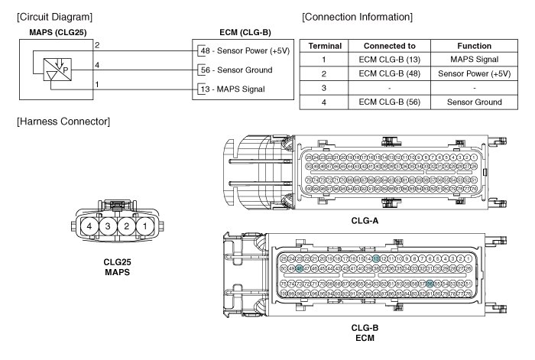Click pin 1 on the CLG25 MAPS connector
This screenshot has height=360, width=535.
click(x=144, y=227)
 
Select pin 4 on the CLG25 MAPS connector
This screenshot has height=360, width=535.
click(x=91, y=227)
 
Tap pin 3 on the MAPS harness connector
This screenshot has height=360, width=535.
click(x=109, y=227)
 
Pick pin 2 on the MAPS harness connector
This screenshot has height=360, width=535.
click(x=126, y=227)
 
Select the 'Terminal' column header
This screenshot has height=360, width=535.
click(x=324, y=46)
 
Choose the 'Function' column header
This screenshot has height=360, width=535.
click(x=473, y=46)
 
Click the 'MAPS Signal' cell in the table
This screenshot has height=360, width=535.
click(x=473, y=60)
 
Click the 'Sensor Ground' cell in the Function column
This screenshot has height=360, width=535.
click(x=473, y=102)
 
